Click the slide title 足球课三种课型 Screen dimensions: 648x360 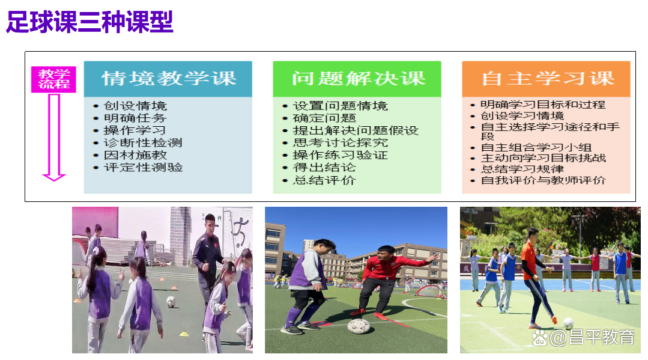point(89,22)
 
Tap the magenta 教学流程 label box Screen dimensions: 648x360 point(53,79)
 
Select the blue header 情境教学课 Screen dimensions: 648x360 point(168,79)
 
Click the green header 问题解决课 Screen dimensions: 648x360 point(357,79)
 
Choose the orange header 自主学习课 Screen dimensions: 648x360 point(547,79)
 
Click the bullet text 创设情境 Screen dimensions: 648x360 point(135,106)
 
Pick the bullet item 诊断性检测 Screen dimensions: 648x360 point(143,143)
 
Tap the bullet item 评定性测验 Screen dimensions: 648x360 point(143,167)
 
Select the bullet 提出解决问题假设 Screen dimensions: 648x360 point(356,130)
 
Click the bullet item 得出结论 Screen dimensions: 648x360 point(324,167)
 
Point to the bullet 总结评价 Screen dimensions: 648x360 point(324,180)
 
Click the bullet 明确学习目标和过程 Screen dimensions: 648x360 point(543,105)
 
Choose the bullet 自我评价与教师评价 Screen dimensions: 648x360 point(543,180)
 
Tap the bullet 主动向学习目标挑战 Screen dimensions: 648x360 point(543,157)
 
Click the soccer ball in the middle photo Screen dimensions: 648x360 point(359,326)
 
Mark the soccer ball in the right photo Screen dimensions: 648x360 point(568,323)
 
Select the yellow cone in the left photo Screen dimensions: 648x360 point(184,334)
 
